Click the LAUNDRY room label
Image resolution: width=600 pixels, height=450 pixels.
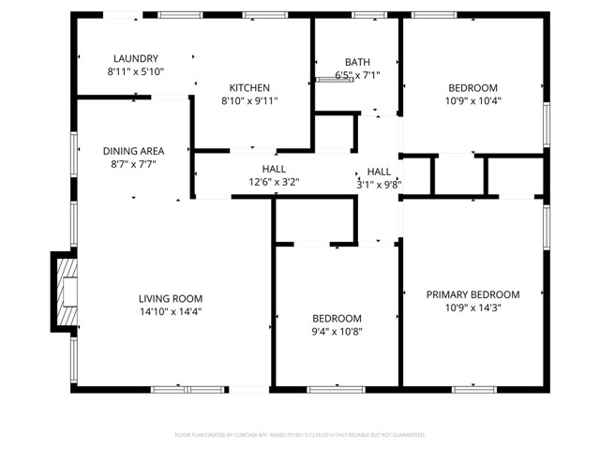point(136,58)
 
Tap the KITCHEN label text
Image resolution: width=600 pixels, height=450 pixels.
point(249,87)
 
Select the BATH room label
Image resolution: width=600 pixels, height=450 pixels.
point(357,62)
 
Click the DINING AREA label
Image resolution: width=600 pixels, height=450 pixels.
point(134,151)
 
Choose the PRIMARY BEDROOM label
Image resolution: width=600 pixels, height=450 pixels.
point(472,294)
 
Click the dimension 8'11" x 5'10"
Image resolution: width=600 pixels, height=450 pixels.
point(136,71)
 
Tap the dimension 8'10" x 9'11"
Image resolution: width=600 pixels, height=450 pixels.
point(249,100)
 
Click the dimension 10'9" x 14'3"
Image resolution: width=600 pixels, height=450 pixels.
point(472,307)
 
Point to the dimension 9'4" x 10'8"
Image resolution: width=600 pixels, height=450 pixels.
point(337,331)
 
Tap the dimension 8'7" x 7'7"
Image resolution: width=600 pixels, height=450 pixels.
point(134,164)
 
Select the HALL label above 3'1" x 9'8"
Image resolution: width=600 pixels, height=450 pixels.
point(379,172)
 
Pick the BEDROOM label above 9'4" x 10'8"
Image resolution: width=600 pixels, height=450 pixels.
point(337,318)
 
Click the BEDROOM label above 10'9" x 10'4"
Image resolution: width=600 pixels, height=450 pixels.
point(472,87)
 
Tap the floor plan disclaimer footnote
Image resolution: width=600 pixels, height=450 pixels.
point(300,435)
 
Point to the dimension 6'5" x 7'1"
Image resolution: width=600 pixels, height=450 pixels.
point(357,75)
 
